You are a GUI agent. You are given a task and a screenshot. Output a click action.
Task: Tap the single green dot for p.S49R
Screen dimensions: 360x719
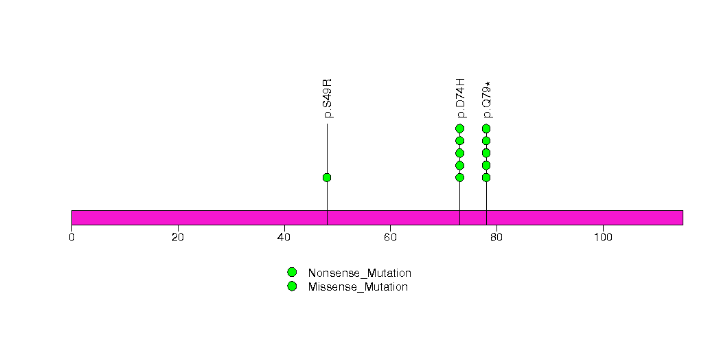coord(327,177)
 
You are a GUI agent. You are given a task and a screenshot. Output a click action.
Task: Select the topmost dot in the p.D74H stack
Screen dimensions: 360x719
coord(459,128)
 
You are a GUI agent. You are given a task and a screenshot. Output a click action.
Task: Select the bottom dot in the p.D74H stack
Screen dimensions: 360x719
coord(459,177)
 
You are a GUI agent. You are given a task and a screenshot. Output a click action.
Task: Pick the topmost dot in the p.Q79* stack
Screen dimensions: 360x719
coord(486,128)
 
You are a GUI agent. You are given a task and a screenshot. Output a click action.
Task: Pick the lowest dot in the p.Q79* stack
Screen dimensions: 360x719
coord(486,177)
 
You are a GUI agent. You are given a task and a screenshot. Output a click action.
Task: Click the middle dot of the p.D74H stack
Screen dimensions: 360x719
coord(459,153)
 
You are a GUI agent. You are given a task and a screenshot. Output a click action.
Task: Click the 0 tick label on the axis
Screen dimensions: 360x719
coord(71,238)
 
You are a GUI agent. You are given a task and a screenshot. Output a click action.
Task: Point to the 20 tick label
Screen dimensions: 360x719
coord(178,238)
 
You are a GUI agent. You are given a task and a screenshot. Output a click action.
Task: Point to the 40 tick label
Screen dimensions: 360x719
coord(284,238)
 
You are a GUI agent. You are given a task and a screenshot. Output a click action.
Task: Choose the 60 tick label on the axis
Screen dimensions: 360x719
coord(390,238)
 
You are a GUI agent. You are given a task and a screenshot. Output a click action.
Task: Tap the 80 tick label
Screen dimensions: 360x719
coord(497,238)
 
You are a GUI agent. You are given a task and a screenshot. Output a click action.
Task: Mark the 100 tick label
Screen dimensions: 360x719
coord(603,238)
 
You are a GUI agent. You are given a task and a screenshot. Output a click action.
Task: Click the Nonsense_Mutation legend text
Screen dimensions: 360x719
coord(359,273)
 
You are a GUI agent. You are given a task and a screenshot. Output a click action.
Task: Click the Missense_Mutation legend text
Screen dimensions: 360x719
coord(358,286)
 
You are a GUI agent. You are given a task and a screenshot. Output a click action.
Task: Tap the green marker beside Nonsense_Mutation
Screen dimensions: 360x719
coord(292,273)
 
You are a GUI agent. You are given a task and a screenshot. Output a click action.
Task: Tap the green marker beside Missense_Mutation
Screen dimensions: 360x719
coord(292,286)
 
